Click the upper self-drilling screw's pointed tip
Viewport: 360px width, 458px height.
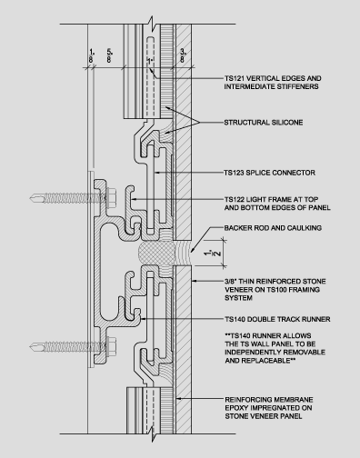coord(31,198)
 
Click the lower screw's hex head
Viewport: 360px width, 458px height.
coord(112,346)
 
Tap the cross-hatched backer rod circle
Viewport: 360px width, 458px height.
coord(155,253)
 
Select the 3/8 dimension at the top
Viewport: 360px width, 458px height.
coord(183,55)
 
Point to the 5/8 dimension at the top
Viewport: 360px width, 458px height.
coord(109,55)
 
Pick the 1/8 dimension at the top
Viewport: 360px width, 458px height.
coord(91,55)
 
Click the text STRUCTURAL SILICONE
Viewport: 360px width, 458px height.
coord(264,123)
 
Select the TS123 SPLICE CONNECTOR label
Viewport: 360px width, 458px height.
coord(270,173)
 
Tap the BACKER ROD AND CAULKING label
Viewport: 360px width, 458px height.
coord(273,228)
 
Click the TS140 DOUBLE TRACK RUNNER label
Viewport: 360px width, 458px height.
coord(277,319)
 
